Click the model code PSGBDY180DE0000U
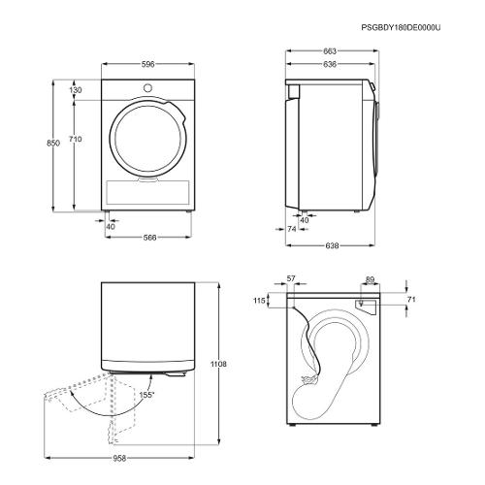(401, 27)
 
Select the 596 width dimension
(147, 64)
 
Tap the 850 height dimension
(53, 143)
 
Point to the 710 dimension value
(75, 139)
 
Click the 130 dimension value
(76, 90)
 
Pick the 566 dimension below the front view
(149, 238)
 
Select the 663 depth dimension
(330, 50)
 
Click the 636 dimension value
(330, 64)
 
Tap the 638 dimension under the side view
(332, 245)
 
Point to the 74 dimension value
(292, 229)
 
